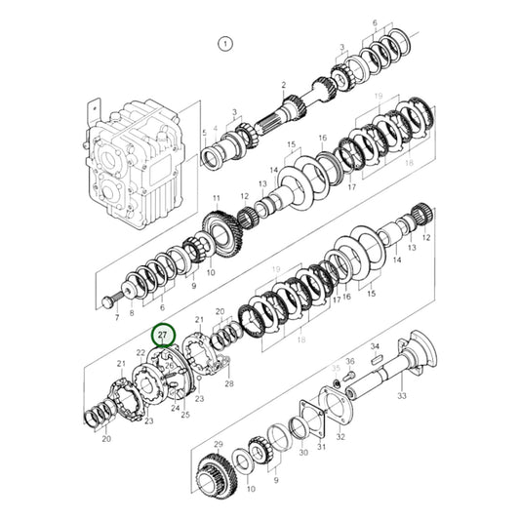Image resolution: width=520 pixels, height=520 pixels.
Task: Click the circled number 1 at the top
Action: (225, 44)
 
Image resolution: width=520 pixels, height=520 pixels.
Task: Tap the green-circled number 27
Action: (164, 336)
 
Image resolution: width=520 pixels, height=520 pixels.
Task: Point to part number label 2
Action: (284, 86)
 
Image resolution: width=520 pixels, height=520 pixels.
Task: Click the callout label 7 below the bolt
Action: (117, 317)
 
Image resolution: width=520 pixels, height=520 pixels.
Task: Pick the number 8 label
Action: (131, 314)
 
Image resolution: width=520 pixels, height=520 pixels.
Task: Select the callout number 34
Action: (374, 346)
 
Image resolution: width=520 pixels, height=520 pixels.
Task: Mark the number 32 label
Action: (340, 438)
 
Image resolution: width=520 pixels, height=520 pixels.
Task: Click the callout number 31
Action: (321, 452)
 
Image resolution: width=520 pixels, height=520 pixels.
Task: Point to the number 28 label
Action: (229, 384)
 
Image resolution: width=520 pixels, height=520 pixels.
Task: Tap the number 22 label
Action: (140, 351)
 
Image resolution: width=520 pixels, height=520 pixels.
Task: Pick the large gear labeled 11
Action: (220, 234)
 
